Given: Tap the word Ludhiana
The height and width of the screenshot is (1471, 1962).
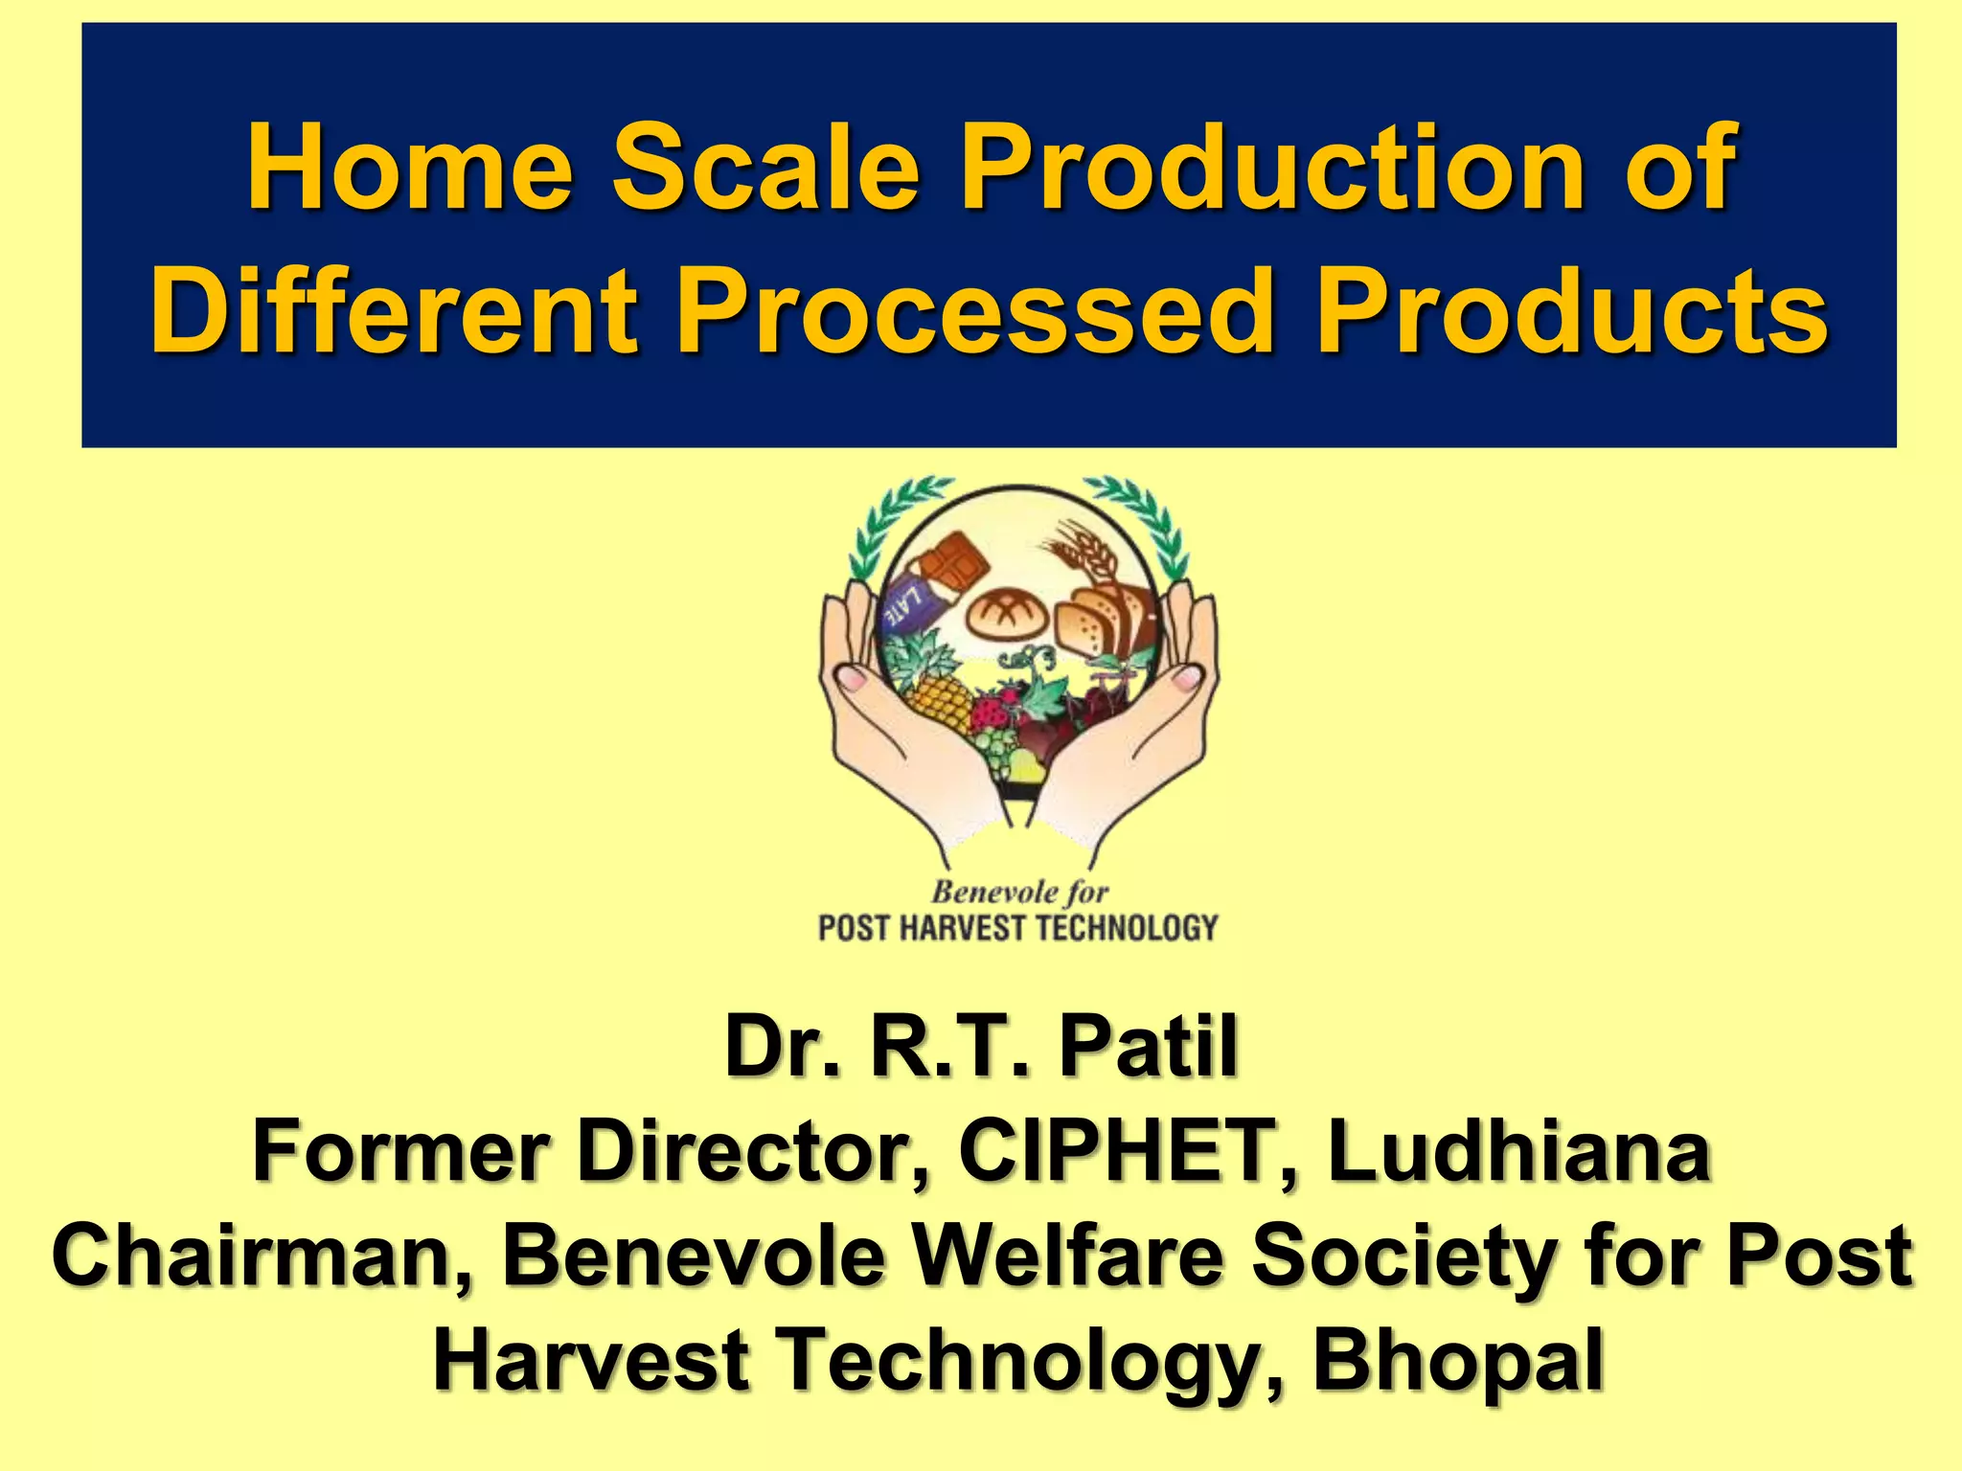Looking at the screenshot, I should pos(1518,1152).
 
